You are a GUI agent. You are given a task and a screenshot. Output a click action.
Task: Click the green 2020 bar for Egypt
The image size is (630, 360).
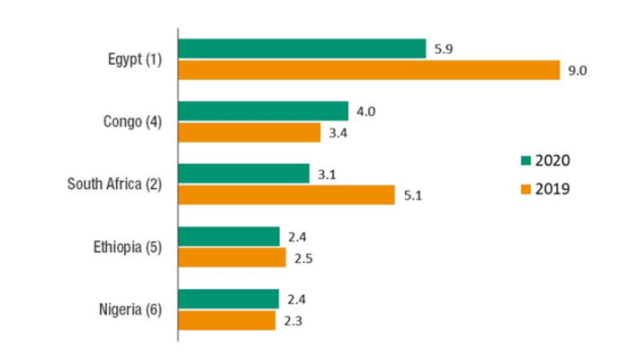click(x=301, y=49)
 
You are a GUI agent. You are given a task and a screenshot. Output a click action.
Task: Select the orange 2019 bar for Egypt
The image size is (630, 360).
click(x=369, y=70)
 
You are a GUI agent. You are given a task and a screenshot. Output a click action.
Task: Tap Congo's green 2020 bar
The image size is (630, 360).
click(x=263, y=111)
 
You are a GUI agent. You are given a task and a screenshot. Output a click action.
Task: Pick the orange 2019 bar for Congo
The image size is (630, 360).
click(x=249, y=132)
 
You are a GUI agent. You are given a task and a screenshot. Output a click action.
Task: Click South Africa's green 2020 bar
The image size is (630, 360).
click(x=244, y=174)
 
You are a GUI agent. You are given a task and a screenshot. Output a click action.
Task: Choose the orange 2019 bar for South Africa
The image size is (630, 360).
click(x=286, y=194)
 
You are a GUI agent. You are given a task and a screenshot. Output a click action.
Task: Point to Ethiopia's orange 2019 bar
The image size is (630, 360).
click(x=232, y=257)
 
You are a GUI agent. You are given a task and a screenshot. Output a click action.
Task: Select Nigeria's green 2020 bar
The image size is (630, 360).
click(x=229, y=299)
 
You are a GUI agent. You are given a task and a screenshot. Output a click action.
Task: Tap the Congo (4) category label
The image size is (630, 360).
click(x=132, y=121)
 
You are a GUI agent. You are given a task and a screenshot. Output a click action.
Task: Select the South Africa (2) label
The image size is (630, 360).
click(x=114, y=184)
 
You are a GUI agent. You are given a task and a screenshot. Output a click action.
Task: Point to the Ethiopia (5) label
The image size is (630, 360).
click(x=127, y=247)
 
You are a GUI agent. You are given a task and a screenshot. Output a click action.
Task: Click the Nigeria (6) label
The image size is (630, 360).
click(x=130, y=310)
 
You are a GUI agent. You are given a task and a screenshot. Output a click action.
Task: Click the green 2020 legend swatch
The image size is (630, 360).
click(x=526, y=161)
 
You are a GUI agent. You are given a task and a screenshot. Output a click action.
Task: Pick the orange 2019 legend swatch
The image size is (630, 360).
click(x=526, y=190)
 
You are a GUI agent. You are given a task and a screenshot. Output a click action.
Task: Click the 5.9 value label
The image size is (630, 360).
click(x=442, y=49)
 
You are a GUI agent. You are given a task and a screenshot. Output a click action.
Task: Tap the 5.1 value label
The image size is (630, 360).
click(x=410, y=195)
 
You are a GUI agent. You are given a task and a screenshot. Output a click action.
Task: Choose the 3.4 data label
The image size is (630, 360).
click(x=337, y=133)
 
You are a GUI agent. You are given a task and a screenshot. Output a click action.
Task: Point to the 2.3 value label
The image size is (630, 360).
click(x=292, y=320)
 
